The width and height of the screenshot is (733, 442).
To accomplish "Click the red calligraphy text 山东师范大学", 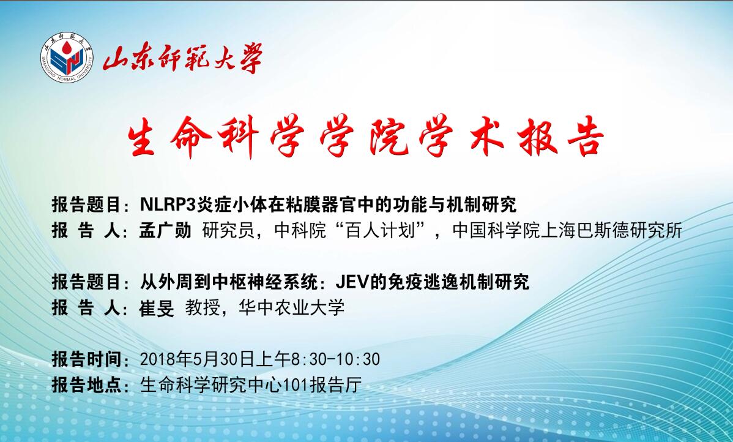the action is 182,58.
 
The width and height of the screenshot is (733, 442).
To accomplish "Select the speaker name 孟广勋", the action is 165,230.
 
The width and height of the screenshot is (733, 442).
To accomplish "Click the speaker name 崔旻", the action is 157,308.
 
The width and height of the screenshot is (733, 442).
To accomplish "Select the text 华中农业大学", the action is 291,308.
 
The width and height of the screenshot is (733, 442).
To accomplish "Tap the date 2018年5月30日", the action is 197,359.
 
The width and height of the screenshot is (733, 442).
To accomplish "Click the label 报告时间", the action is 86,359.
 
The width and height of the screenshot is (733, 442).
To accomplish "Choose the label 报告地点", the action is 86,386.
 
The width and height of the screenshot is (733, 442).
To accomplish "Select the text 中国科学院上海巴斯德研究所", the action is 567,231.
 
